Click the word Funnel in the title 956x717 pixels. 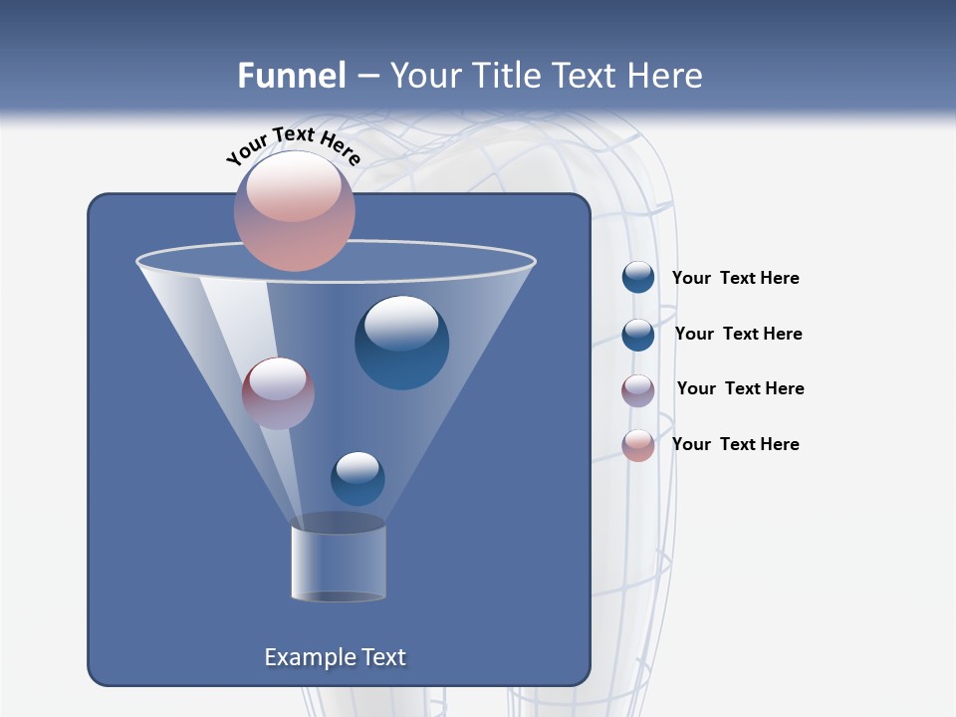[292, 76]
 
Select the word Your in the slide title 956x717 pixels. [423, 76]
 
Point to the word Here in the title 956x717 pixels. [665, 76]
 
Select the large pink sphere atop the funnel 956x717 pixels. [295, 211]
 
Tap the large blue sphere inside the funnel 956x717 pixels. [401, 343]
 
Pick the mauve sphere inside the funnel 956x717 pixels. [278, 393]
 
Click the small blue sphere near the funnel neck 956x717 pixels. [358, 479]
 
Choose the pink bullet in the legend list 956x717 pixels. [638, 445]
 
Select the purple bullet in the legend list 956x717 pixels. [638, 389]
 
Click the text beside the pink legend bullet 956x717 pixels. [735, 444]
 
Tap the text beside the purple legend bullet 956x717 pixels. [740, 388]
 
